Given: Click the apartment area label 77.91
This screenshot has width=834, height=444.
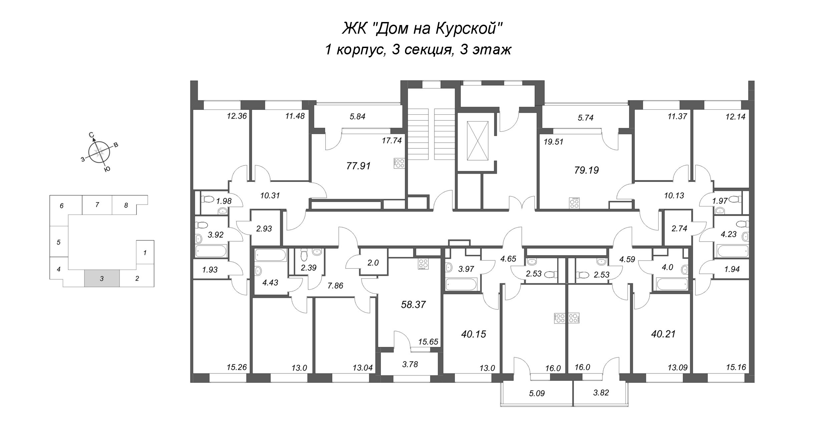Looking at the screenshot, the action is coord(359,166).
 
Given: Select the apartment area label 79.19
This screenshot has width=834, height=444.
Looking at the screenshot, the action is coord(586,170).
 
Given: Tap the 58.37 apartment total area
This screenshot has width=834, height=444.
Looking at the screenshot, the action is coord(414,305).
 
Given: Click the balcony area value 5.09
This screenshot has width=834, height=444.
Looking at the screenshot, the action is coord(537,394).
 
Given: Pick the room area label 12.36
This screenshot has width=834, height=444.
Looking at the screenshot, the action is coord(236,116).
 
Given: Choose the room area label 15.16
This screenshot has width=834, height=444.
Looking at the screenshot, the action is coord(736,368).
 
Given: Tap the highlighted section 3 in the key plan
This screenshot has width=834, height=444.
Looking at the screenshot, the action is coord(102,279).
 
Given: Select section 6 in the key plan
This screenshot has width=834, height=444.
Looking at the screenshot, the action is coord(62,206).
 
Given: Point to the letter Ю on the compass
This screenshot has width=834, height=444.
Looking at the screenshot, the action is coord(107,169).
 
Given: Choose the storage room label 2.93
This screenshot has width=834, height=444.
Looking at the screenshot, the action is coord(264,229).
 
